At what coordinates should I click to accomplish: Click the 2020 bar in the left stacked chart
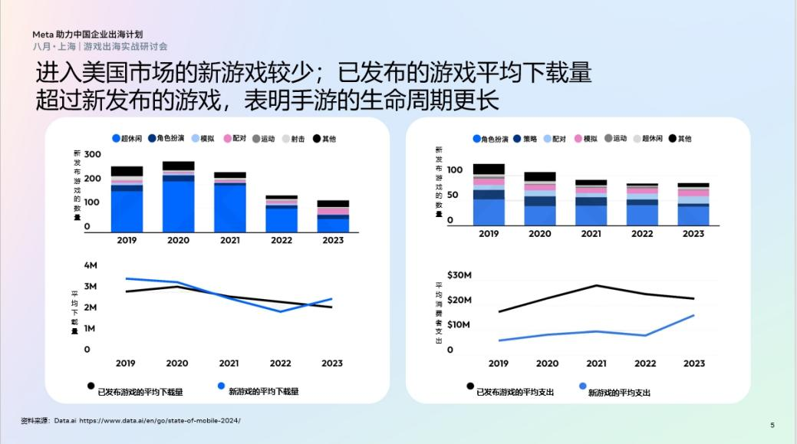tap(178, 197)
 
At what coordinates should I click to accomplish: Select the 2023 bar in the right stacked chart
tap(693, 205)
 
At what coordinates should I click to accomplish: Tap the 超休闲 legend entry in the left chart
tap(127, 139)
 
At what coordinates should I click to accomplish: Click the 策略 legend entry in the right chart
tap(525, 139)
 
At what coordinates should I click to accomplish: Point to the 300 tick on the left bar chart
tap(92, 154)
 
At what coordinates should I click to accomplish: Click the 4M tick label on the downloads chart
tap(91, 265)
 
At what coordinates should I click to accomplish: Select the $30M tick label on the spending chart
tap(459, 275)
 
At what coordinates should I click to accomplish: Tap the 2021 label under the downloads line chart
tap(229, 363)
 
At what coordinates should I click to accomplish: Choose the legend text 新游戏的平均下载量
tap(264, 391)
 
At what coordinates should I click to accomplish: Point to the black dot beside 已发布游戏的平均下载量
tap(91, 386)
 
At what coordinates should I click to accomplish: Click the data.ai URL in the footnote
tap(160, 420)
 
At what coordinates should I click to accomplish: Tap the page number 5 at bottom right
tap(772, 424)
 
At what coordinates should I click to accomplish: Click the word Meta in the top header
tap(42, 35)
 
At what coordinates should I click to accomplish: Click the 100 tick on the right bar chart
tap(456, 169)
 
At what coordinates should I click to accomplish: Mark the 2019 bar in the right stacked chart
tap(489, 195)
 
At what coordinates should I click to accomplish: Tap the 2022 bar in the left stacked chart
tap(282, 214)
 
